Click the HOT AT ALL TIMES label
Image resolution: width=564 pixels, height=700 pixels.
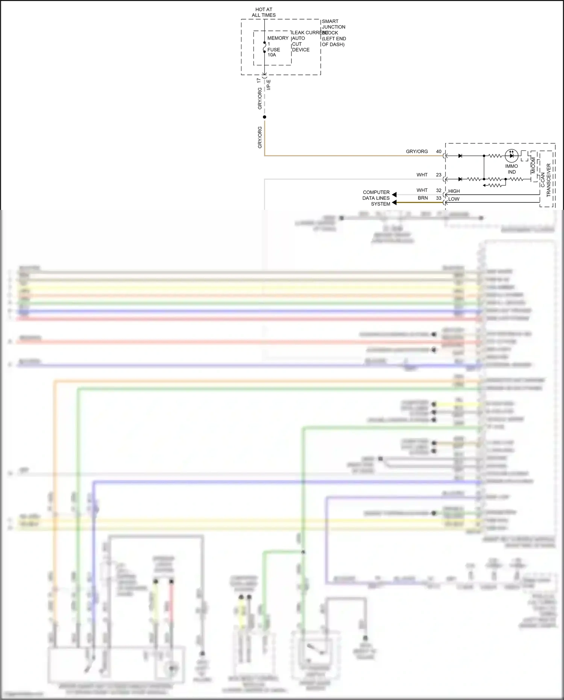(x=264, y=12)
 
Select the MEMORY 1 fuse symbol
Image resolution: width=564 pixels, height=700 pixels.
(x=264, y=47)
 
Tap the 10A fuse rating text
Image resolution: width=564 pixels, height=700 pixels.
(x=272, y=55)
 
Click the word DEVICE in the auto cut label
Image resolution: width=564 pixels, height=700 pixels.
(x=301, y=50)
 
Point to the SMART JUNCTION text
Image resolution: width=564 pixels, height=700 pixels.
(x=333, y=24)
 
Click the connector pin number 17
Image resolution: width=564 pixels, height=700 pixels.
(x=259, y=80)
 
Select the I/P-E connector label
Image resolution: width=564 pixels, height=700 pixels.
(x=268, y=85)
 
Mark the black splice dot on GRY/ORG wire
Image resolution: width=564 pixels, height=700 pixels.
(x=264, y=117)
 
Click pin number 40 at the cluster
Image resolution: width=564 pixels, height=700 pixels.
(x=439, y=152)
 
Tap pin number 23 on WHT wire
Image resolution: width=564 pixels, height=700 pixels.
(x=439, y=175)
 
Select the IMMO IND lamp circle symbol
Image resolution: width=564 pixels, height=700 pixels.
(x=511, y=155)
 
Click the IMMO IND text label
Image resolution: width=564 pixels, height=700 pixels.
(x=511, y=169)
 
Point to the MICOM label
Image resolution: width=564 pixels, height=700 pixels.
(x=533, y=165)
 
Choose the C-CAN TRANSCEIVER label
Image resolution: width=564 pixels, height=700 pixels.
(x=546, y=179)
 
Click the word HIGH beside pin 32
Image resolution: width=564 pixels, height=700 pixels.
(x=454, y=191)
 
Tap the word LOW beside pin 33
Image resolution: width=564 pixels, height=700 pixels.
(x=454, y=199)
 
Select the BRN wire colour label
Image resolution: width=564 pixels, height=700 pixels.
(x=423, y=198)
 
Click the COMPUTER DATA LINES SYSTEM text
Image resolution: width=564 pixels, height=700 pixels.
(x=376, y=198)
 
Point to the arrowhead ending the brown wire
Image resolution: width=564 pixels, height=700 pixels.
(x=394, y=203)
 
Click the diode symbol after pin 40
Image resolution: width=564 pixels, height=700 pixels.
(x=460, y=156)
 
